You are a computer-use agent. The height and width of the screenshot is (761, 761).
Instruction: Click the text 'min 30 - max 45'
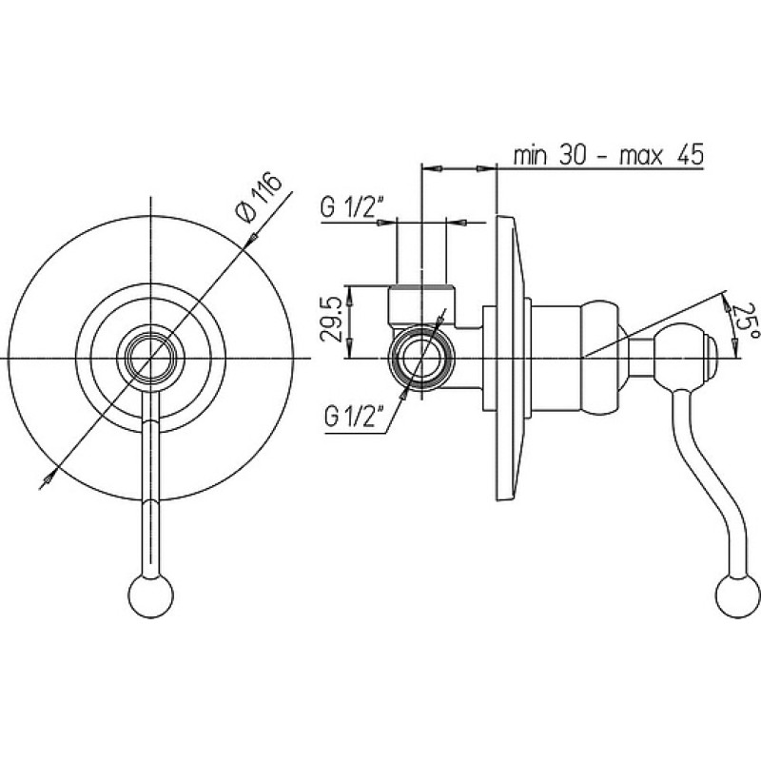pyautogui.click(x=609, y=156)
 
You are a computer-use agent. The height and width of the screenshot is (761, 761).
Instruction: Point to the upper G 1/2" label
pyautogui.click(x=352, y=207)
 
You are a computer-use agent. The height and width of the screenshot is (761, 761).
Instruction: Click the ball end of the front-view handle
pyautogui.click(x=151, y=596)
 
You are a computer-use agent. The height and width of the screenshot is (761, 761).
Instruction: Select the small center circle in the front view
pyautogui.click(x=150, y=359)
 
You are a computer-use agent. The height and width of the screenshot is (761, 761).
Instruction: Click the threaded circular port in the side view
pyautogui.click(x=421, y=359)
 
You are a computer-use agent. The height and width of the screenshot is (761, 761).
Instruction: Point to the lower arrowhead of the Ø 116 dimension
pyautogui.click(x=49, y=479)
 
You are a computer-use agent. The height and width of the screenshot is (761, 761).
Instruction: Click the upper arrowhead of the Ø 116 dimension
pyautogui.click(x=252, y=239)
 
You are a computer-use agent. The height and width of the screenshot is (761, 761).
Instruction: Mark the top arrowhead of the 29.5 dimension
pyautogui.click(x=350, y=292)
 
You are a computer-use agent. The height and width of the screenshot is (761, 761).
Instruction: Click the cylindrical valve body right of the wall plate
pyautogui.click(x=557, y=359)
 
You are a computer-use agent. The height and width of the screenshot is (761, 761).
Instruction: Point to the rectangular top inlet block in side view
pyautogui.click(x=421, y=304)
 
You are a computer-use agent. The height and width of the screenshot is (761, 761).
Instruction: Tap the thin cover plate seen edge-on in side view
pyautogui.click(x=510, y=359)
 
